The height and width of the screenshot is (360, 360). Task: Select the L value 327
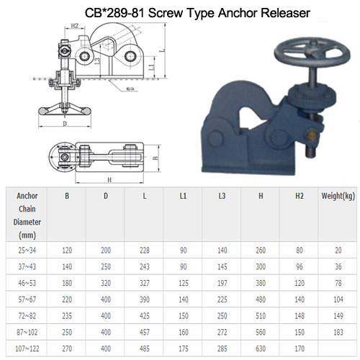[145, 283]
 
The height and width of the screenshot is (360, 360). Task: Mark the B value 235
[67, 316]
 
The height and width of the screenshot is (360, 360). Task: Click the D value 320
[106, 283]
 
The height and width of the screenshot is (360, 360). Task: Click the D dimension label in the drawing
[64, 124]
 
